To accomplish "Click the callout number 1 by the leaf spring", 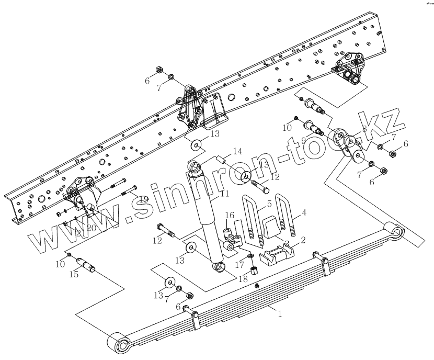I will pos(280,314).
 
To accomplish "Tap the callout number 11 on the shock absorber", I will pos(224,194).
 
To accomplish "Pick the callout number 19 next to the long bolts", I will pos(143,199).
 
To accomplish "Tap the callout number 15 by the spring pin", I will pos(74,274).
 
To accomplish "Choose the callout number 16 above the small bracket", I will pos(229,215).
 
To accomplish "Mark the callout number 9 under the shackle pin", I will pos(302,140).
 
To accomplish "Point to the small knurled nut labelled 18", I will pos(254,270).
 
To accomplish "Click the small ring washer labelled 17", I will pos(250,256).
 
